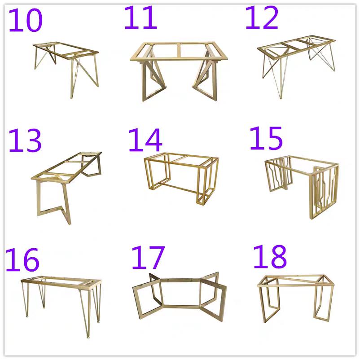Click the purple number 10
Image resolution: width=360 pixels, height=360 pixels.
(26, 21)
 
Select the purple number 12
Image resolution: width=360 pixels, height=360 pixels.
(262, 18)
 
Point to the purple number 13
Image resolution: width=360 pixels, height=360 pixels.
(25, 140)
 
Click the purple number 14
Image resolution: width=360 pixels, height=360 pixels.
(145, 140)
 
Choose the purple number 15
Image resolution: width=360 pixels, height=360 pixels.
(266, 138)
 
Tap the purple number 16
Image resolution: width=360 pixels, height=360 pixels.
(22, 259)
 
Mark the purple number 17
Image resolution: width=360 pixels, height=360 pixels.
(148, 257)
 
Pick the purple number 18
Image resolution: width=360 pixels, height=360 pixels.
(270, 256)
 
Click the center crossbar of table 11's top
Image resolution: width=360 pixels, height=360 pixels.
(179, 51)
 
